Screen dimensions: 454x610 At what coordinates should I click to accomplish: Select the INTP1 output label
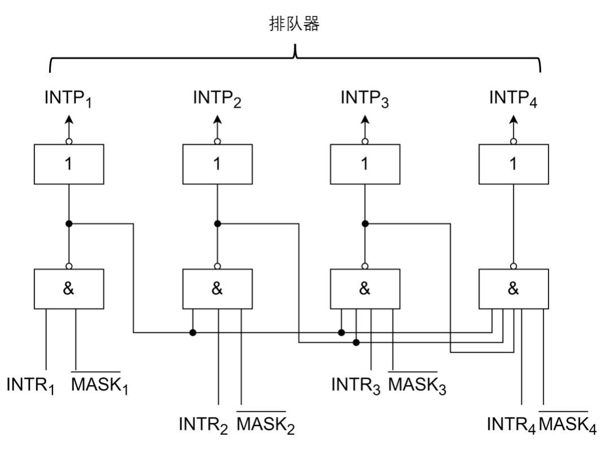(x=68, y=98)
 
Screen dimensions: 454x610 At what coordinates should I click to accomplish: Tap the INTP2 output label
(x=217, y=98)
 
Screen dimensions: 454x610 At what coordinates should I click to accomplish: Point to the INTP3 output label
(x=365, y=98)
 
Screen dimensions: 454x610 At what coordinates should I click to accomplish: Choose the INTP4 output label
(x=513, y=98)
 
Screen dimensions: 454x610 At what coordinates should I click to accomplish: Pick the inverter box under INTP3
(x=365, y=164)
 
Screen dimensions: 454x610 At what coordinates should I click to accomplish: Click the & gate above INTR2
(x=217, y=289)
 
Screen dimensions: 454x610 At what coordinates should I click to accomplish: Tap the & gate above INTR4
(x=513, y=289)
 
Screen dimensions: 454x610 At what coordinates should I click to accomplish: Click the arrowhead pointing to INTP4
(x=513, y=120)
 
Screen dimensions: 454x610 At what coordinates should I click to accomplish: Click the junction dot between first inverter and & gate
(x=68, y=224)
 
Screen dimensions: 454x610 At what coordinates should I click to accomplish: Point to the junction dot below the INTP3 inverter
(x=365, y=224)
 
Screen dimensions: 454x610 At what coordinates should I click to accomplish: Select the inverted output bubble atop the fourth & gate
(x=513, y=266)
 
